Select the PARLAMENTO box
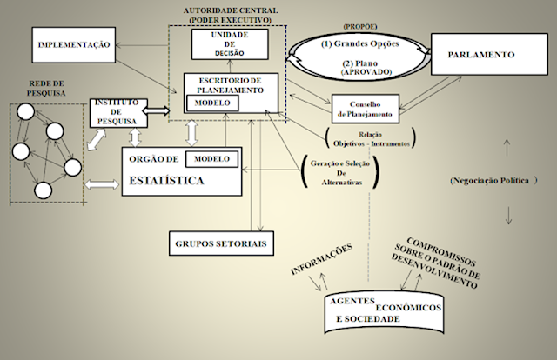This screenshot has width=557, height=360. [481, 55]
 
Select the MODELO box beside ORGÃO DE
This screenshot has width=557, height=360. [211, 160]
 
